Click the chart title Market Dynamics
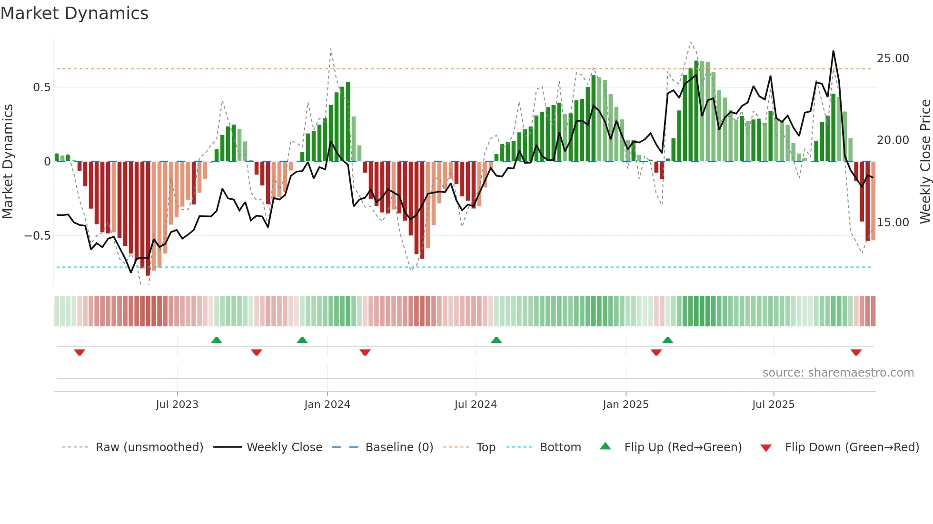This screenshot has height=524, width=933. click(75, 13)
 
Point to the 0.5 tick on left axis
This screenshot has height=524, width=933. click(41, 87)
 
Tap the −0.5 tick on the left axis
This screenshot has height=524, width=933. click(37, 236)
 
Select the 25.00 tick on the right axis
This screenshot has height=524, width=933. click(893, 58)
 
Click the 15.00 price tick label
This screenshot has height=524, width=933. click(893, 223)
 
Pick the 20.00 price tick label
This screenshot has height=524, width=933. click(893, 140)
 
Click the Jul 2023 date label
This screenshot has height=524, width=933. click(177, 405)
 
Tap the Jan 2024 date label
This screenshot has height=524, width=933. click(327, 405)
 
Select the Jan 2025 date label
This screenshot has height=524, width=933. click(625, 405)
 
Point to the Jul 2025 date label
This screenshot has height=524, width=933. click(773, 405)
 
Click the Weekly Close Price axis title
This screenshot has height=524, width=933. click(925, 162)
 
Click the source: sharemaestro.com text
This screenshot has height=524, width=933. click(838, 373)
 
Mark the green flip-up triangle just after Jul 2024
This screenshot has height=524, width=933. click(496, 340)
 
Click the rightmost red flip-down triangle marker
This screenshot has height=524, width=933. click(856, 352)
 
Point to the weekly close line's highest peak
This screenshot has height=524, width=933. click(833, 51)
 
